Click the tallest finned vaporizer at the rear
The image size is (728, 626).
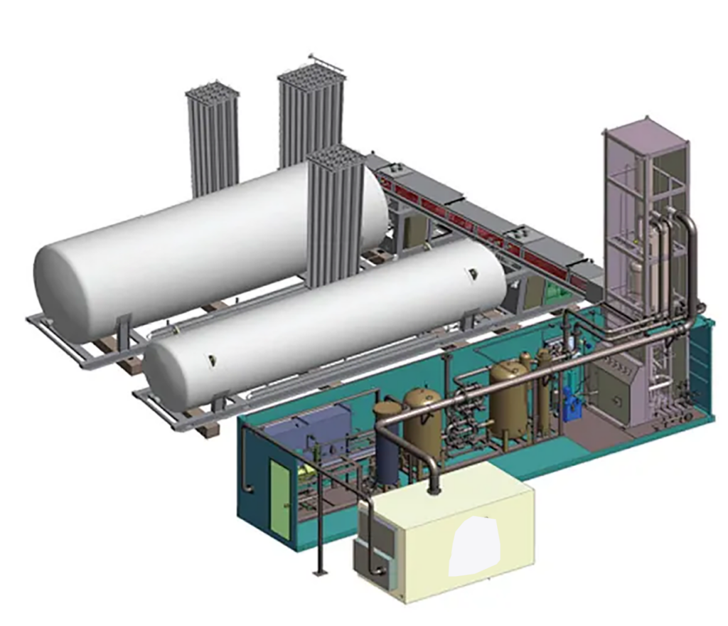point(310,114)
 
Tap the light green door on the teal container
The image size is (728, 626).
point(279,498)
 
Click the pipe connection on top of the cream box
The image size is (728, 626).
point(433,487)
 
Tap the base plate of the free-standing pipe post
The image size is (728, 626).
point(318,573)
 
